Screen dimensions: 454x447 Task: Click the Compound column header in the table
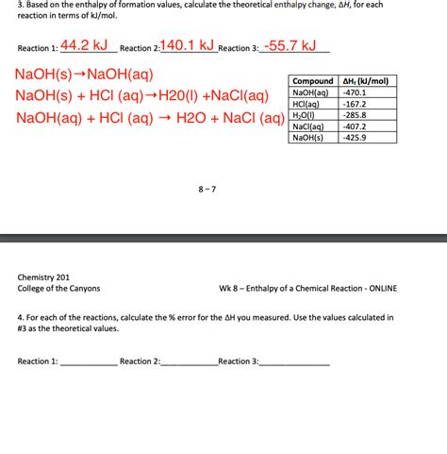point(313,81)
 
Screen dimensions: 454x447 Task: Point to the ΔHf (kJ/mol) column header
point(367,81)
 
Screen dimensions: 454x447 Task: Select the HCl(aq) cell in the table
point(309,104)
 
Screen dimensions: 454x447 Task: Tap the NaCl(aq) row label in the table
point(309,126)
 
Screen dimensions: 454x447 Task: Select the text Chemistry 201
point(43,277)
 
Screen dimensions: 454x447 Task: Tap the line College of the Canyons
point(58,288)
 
